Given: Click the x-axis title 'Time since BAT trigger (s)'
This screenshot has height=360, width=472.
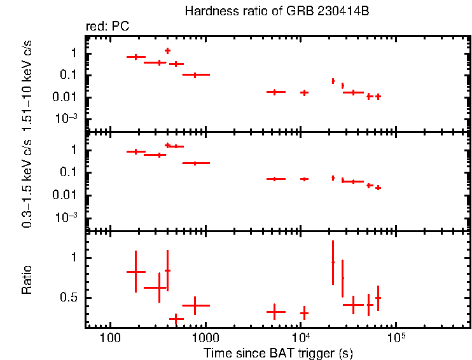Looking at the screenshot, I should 278,352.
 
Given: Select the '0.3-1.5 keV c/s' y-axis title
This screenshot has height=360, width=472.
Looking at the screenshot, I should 27,181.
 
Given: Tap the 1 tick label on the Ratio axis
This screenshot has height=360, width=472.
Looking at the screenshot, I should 74,258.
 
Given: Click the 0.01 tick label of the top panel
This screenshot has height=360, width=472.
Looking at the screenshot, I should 67,97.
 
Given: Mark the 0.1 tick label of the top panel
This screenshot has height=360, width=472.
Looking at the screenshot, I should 69,75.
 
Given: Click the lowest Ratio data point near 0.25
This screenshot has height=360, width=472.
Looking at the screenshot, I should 176,318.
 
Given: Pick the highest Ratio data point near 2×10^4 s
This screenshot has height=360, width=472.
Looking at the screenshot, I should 333,262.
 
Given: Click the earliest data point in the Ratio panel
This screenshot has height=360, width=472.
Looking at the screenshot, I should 135,272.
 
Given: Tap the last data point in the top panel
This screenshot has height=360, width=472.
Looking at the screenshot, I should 378,97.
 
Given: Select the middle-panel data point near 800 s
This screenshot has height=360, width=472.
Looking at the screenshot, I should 195,163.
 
